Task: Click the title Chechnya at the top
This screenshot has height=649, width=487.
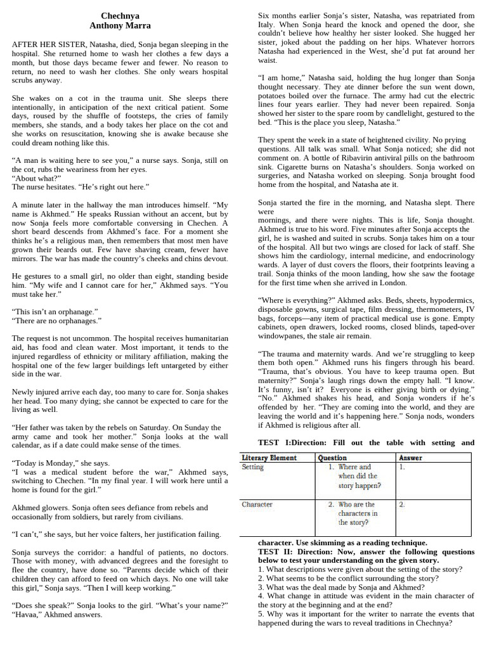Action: click(x=120, y=16)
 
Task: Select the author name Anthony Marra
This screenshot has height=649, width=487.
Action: click(x=120, y=26)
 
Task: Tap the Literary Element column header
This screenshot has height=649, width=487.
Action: click(x=269, y=458)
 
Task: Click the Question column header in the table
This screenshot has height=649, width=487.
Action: click(x=332, y=458)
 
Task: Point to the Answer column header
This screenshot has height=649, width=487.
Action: click(x=410, y=458)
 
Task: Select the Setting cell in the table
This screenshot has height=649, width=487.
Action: click(x=252, y=467)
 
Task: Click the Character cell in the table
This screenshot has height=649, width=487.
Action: click(x=257, y=504)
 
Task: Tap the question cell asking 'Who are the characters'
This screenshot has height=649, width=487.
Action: click(x=355, y=513)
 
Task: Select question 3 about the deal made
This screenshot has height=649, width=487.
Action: click(x=341, y=588)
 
